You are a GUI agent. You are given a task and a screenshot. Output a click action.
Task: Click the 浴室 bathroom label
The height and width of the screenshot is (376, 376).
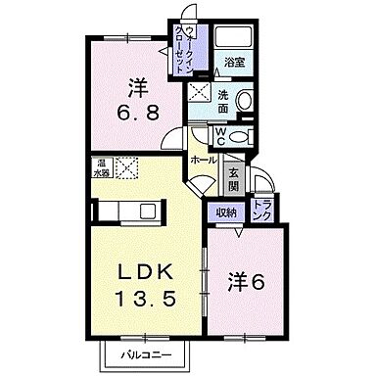coord(233,62)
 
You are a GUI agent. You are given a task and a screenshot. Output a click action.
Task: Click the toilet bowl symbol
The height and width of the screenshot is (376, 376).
coord(245,136)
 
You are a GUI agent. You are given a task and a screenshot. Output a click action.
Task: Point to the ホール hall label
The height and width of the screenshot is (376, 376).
coord(204,159)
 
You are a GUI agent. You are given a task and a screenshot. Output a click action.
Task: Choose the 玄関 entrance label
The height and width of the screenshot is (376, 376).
coord(234,179)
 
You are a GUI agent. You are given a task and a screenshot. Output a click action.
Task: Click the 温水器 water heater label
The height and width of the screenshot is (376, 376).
coord(101,167)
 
